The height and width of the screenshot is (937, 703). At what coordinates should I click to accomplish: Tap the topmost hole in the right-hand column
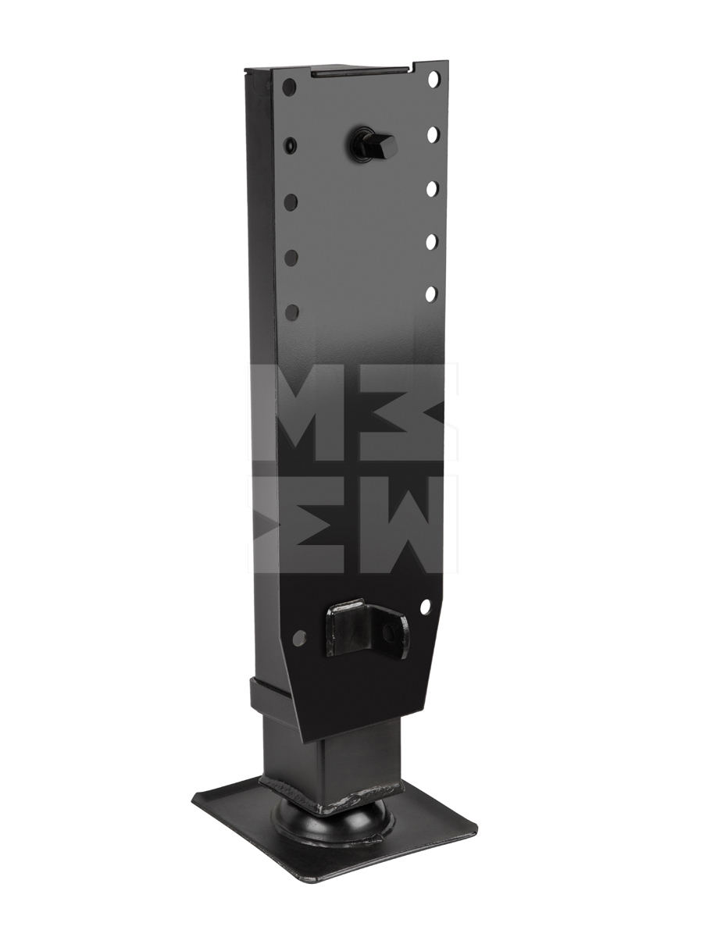click(434, 80)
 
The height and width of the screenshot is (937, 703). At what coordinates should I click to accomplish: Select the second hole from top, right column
click(433, 134)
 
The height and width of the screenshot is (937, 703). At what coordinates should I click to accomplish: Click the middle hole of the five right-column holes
click(432, 189)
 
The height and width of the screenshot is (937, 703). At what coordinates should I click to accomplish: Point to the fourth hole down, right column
click(431, 241)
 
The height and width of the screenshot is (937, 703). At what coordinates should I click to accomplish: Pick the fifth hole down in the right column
click(431, 294)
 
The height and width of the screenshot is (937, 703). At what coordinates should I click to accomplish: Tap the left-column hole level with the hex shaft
click(290, 145)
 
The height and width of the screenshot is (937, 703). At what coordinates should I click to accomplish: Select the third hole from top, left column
click(291, 201)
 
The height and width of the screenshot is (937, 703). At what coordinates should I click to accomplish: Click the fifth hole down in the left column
click(292, 312)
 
